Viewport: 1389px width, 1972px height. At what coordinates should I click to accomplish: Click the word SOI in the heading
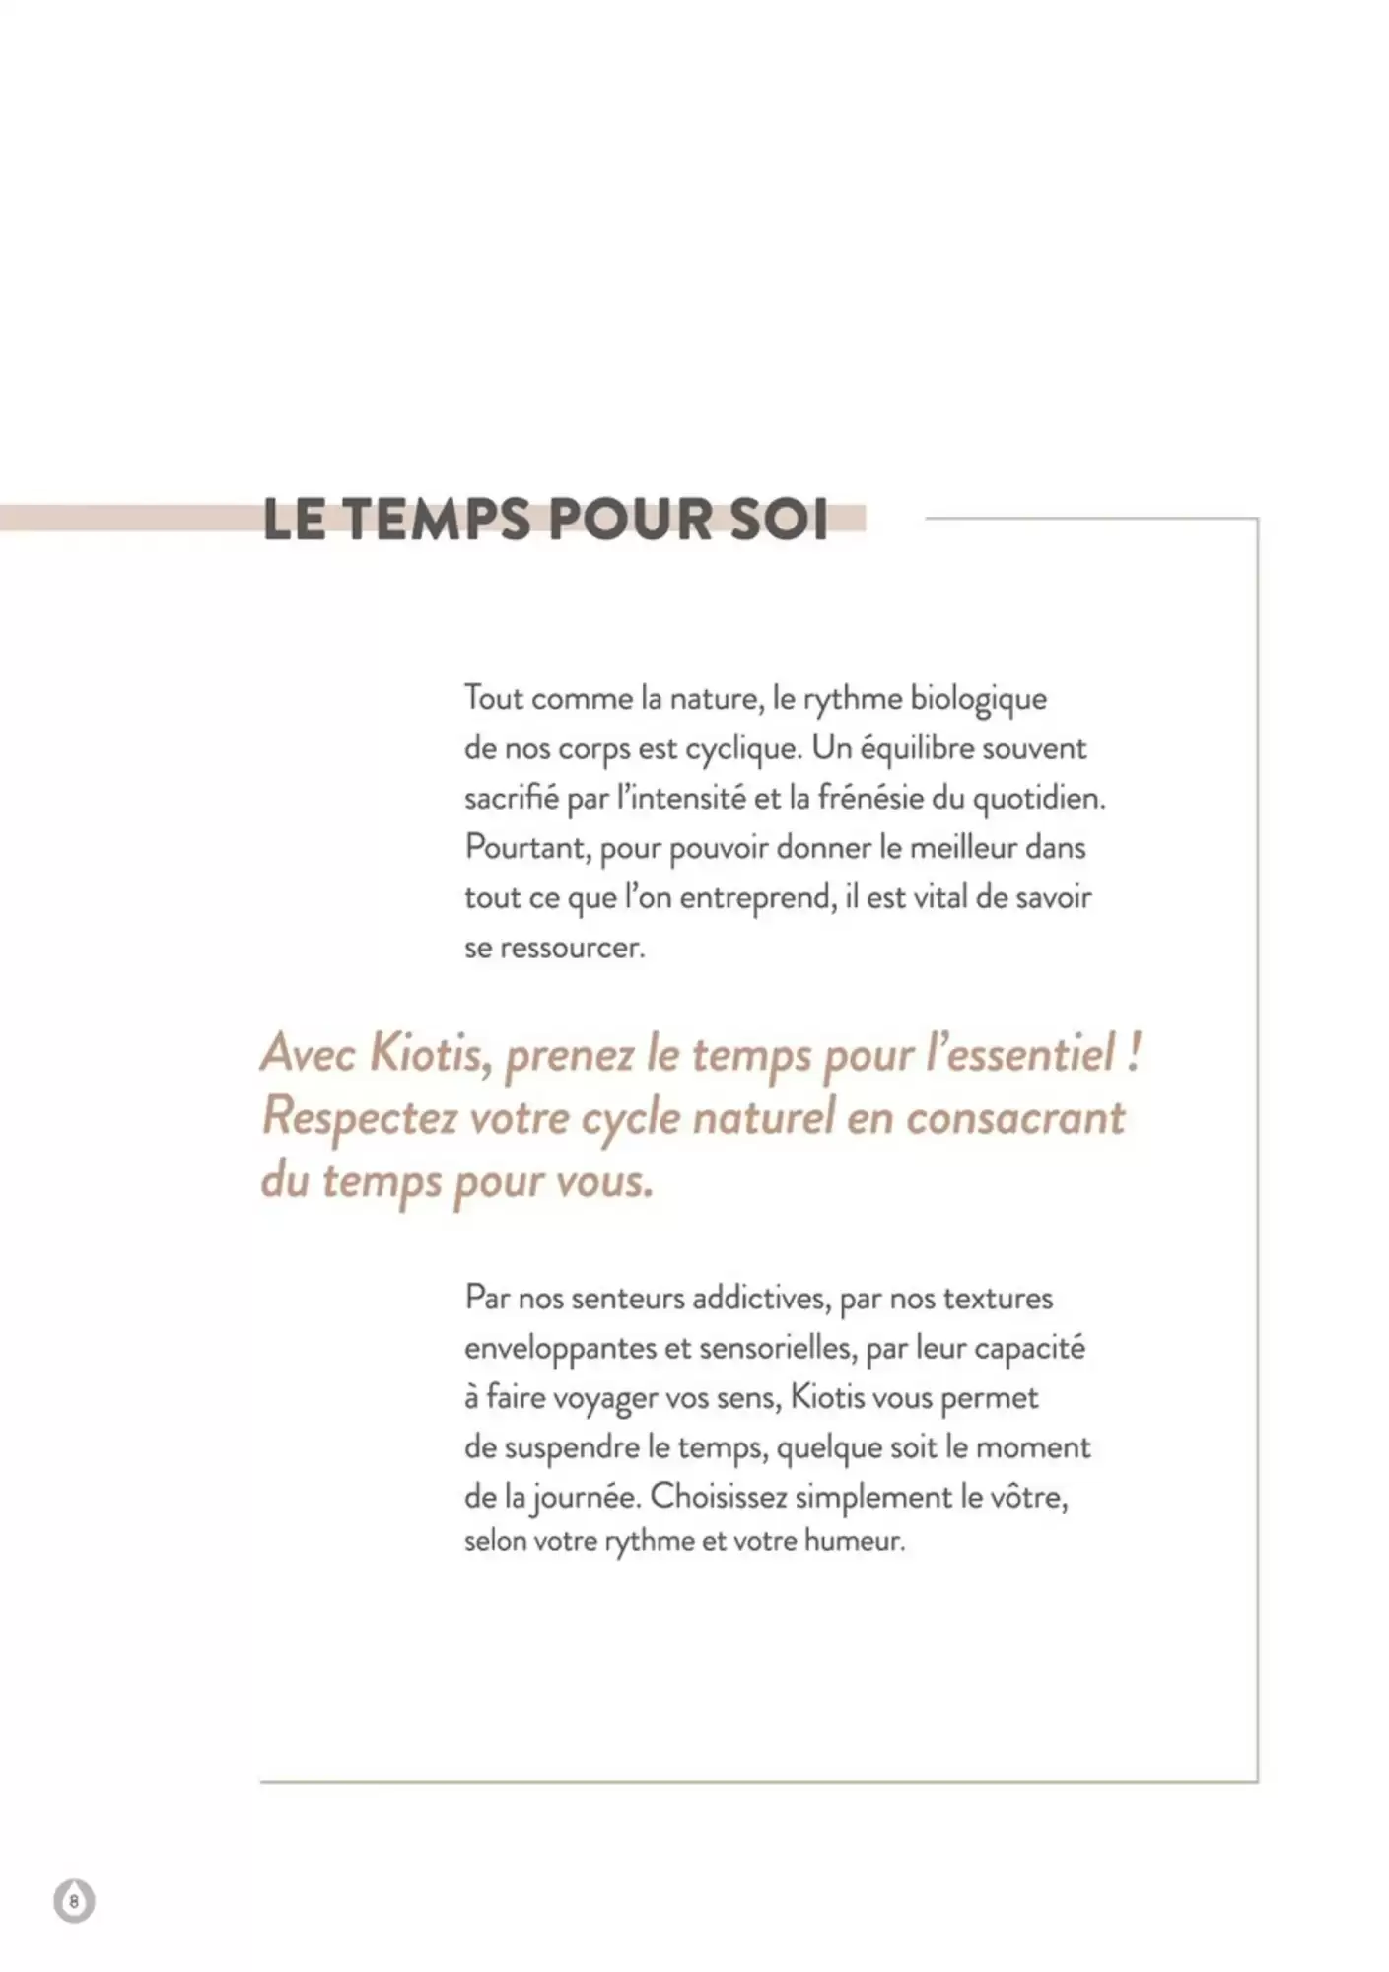pyautogui.click(x=779, y=520)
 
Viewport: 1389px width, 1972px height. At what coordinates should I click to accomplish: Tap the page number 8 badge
pyautogui.click(x=74, y=1900)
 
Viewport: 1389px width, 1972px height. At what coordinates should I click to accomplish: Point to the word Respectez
pyautogui.click(x=360, y=1118)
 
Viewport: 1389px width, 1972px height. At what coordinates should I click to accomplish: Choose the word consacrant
pyautogui.click(x=1014, y=1117)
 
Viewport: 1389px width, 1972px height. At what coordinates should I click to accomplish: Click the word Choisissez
pyautogui.click(x=718, y=1498)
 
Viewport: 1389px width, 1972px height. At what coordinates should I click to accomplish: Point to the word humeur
pyautogui.click(x=854, y=1541)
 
